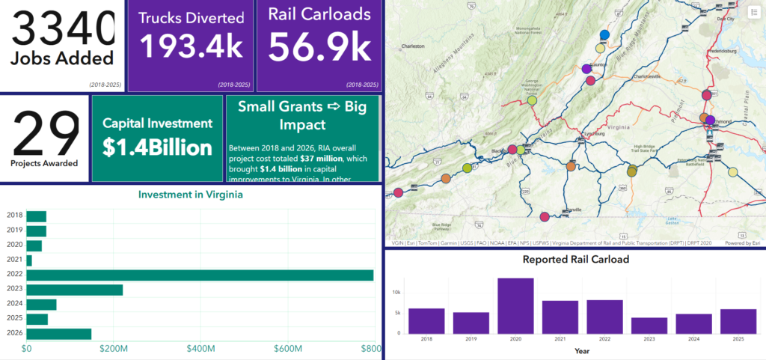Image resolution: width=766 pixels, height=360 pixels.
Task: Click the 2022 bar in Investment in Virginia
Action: (x=200, y=275)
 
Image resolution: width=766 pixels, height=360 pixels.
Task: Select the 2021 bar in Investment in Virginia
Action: (x=29, y=260)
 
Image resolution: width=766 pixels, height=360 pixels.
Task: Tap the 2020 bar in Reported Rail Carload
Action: (x=515, y=305)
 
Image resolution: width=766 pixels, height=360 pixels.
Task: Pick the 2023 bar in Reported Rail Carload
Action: (x=649, y=325)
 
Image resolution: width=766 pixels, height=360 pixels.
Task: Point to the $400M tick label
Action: (x=201, y=349)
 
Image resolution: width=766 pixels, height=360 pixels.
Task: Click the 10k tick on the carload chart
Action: (x=396, y=292)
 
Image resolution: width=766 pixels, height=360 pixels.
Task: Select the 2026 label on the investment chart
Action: (x=14, y=333)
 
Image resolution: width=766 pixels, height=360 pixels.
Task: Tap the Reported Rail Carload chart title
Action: (x=575, y=260)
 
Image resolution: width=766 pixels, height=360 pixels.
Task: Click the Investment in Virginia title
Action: (x=191, y=195)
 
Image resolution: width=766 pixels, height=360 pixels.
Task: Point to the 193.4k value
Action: (x=192, y=47)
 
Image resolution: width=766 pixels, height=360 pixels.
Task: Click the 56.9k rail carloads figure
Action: (x=319, y=47)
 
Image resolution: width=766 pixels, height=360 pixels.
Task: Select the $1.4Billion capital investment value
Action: (x=157, y=147)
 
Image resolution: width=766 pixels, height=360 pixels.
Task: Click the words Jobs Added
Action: (x=62, y=58)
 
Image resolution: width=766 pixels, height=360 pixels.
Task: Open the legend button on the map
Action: (x=753, y=13)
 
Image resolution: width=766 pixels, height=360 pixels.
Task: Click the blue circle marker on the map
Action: (x=605, y=35)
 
